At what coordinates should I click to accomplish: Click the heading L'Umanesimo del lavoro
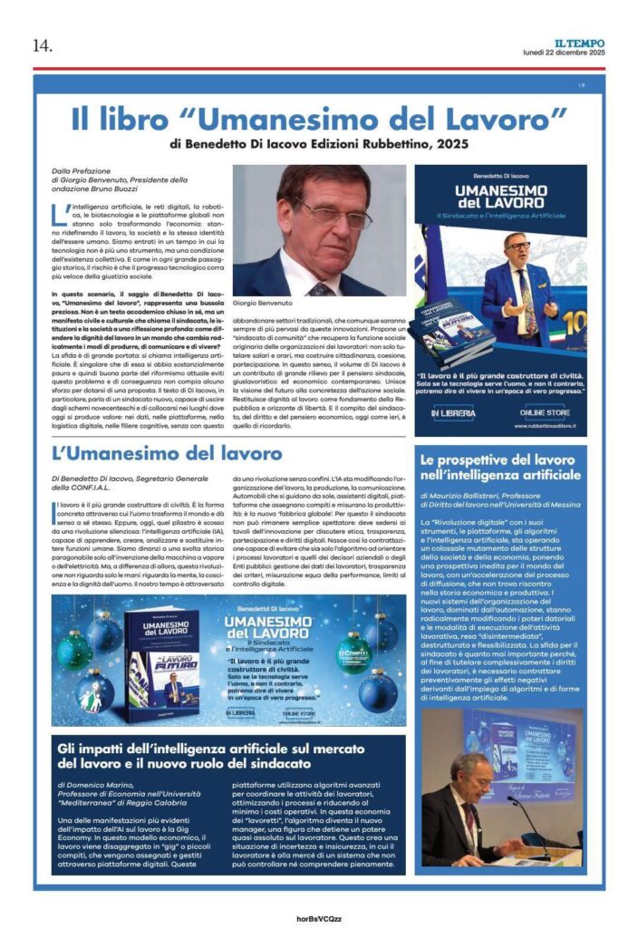click(167, 453)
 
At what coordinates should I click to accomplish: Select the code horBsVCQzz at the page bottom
click(319, 917)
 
